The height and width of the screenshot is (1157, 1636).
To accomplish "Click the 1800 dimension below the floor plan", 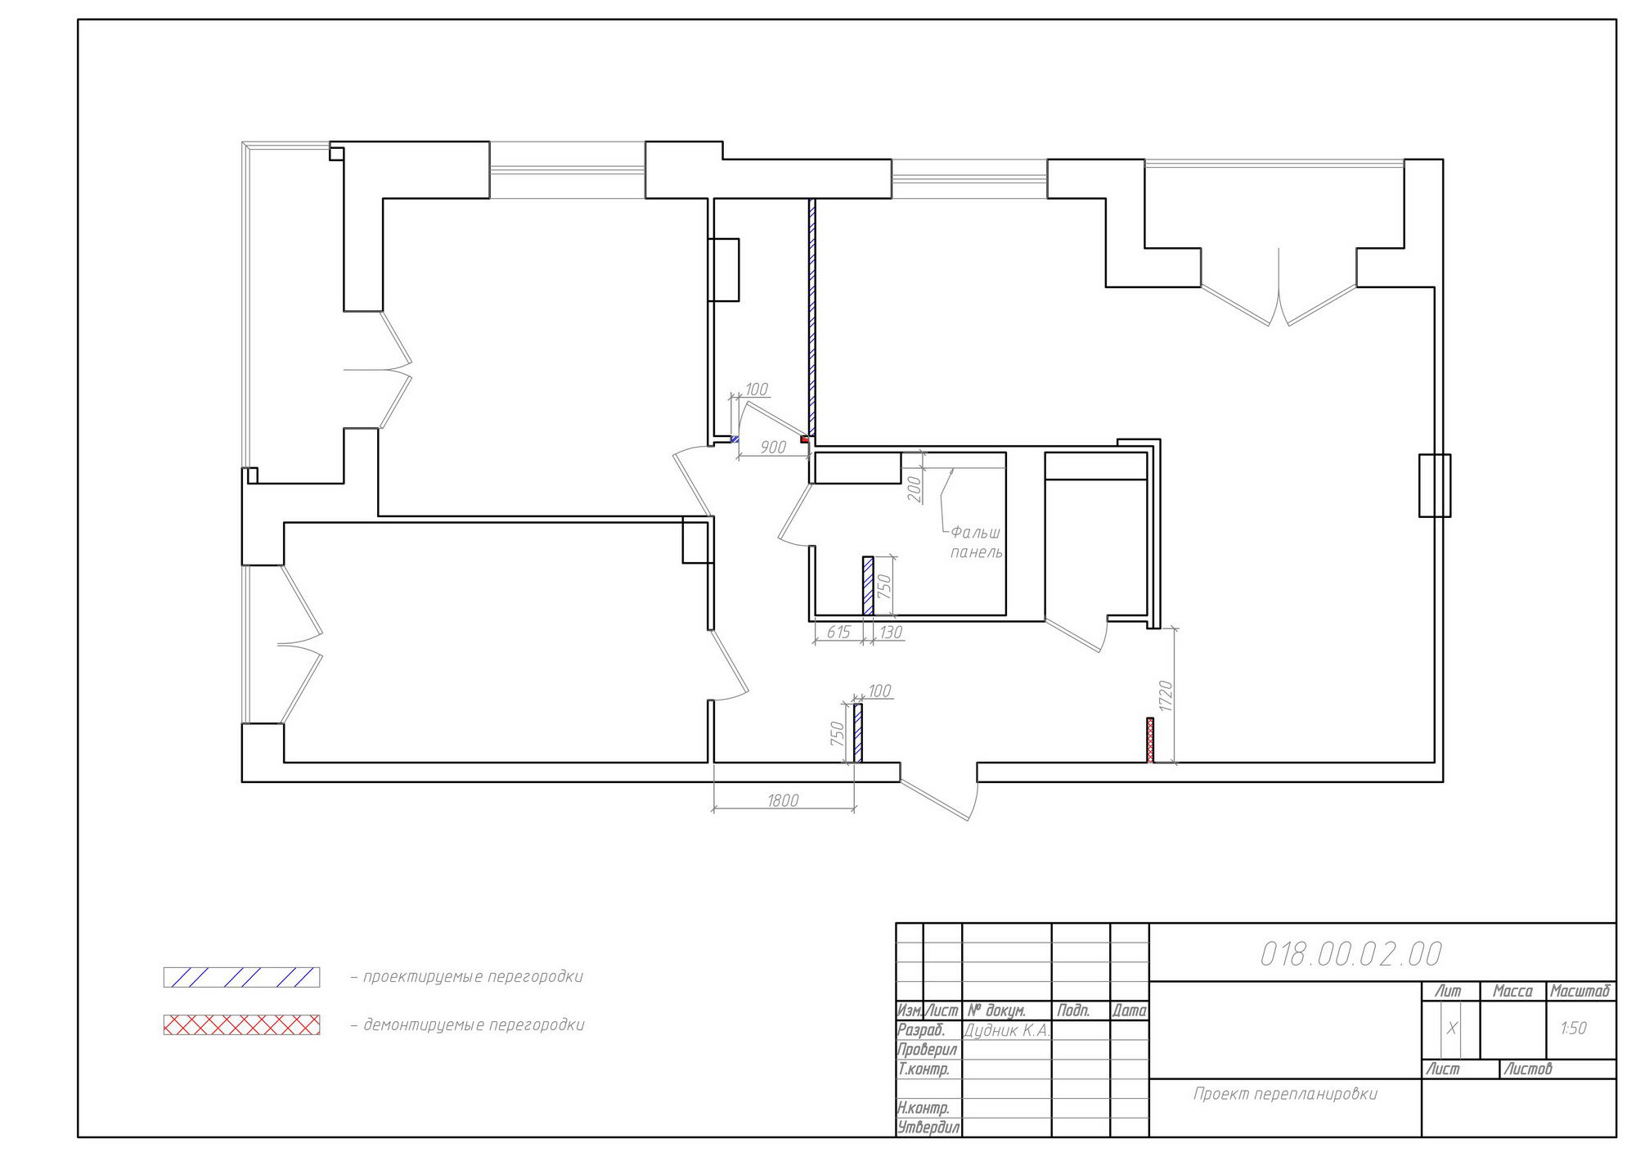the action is pyautogui.click(x=783, y=800).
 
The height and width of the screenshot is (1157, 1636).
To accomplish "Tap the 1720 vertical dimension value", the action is pyautogui.click(x=1166, y=696).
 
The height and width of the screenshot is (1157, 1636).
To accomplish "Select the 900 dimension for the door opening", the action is pyautogui.click(x=773, y=447).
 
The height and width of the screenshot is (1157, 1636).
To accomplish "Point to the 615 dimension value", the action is pyautogui.click(x=838, y=632).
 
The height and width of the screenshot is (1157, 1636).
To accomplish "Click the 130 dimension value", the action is pyautogui.click(x=891, y=632).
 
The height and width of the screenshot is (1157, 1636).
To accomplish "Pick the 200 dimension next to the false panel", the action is pyautogui.click(x=915, y=488).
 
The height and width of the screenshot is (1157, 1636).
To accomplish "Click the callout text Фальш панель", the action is pyautogui.click(x=976, y=542).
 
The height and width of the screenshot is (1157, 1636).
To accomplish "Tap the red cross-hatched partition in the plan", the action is pyautogui.click(x=1150, y=741).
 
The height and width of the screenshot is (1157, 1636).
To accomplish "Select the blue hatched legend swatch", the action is pyautogui.click(x=241, y=977).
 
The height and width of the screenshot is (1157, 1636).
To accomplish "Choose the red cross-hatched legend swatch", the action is pyautogui.click(x=241, y=1024).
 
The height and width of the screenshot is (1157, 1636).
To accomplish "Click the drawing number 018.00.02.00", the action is pyautogui.click(x=1351, y=954).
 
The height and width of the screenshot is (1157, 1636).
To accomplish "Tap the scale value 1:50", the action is pyautogui.click(x=1573, y=1028).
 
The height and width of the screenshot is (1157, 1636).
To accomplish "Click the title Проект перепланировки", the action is pyautogui.click(x=1285, y=1094).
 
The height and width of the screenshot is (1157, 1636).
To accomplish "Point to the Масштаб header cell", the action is pyautogui.click(x=1580, y=991).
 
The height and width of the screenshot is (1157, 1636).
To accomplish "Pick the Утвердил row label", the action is pyautogui.click(x=929, y=1128).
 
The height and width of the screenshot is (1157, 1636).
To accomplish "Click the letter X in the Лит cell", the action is pyautogui.click(x=1452, y=1029).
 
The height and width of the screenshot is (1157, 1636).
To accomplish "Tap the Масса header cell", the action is pyautogui.click(x=1513, y=991).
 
